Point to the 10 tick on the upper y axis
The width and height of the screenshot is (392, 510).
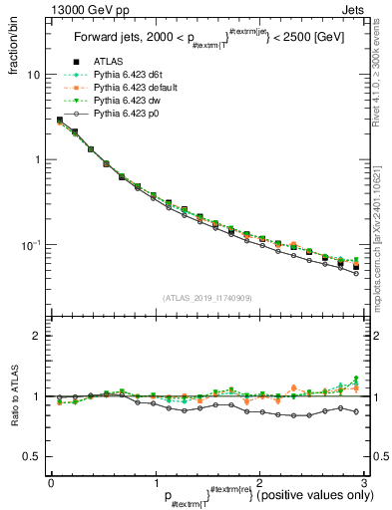click(33, 75)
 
